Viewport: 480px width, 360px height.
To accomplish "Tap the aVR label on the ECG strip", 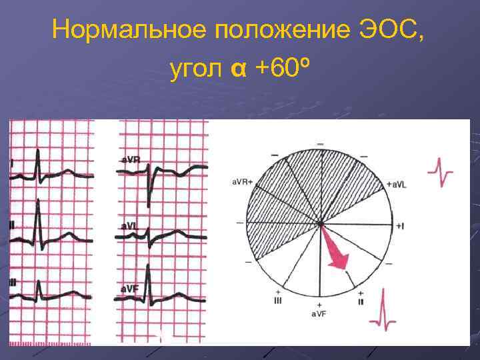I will (131, 160).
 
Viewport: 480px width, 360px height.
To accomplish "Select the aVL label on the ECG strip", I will (130, 226).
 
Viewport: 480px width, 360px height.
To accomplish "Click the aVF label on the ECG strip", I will (130, 289).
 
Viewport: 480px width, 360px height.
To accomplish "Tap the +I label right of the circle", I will (399, 227).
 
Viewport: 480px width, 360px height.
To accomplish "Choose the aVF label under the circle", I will (319, 313).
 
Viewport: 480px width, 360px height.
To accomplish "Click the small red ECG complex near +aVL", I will (441, 173).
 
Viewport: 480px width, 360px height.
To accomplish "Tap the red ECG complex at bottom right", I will (384, 311).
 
